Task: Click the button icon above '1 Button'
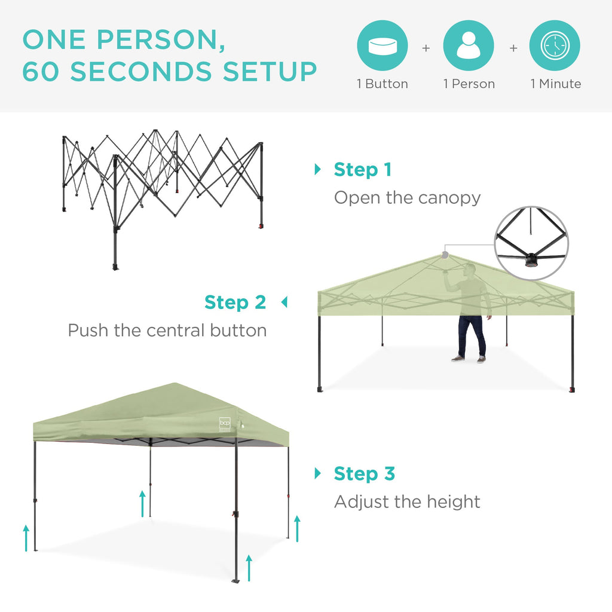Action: click(x=382, y=46)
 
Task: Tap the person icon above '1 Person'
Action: click(x=469, y=46)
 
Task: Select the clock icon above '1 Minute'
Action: click(x=555, y=46)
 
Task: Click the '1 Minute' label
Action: click(x=556, y=84)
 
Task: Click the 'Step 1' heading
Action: click(x=363, y=170)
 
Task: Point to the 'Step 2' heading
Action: click(x=235, y=302)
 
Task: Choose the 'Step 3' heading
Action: click(x=365, y=474)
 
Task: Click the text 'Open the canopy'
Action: click(x=407, y=198)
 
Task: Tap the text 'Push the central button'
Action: click(x=167, y=331)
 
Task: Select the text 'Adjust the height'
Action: click(x=407, y=501)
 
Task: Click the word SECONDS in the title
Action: click(x=141, y=72)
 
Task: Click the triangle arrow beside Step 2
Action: click(x=284, y=303)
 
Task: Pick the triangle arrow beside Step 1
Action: click(x=317, y=170)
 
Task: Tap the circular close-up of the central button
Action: click(x=531, y=244)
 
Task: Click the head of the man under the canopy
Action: click(x=470, y=270)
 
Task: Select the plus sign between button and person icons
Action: click(x=426, y=48)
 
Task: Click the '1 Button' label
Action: click(x=382, y=84)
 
